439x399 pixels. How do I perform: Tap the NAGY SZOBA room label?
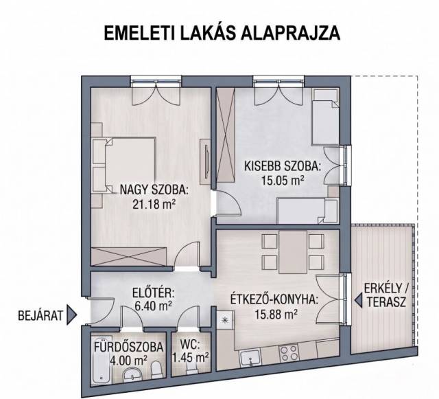(x=154, y=190)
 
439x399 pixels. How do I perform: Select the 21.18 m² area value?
(x=154, y=205)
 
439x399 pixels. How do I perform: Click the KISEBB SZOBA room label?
(x=282, y=166)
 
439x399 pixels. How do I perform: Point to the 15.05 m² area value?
(x=283, y=181)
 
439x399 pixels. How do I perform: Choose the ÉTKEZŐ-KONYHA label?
(x=274, y=299)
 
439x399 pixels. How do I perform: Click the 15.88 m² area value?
(x=276, y=314)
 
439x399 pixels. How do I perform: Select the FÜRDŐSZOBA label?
(x=128, y=347)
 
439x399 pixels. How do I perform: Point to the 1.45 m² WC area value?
(x=190, y=358)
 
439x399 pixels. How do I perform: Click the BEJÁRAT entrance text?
(x=40, y=316)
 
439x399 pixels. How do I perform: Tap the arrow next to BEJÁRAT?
(x=71, y=315)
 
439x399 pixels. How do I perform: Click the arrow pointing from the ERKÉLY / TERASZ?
(x=358, y=300)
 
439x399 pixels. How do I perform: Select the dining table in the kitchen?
(x=293, y=252)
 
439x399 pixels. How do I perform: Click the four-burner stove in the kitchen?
(x=288, y=353)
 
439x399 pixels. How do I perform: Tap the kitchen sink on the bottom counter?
(x=250, y=358)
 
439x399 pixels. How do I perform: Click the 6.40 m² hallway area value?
(x=153, y=306)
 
